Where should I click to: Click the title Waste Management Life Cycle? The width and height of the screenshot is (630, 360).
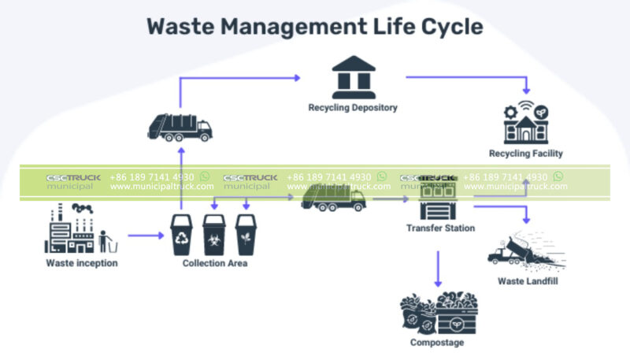[314, 25]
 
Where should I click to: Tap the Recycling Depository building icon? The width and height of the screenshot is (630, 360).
[353, 76]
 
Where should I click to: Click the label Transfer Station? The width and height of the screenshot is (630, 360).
[440, 228]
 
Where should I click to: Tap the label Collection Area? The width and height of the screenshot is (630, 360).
[215, 263]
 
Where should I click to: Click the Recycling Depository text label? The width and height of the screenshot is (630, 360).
[353, 107]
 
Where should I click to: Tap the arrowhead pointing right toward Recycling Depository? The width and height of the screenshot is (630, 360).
[297, 77]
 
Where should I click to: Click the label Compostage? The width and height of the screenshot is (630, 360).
[437, 343]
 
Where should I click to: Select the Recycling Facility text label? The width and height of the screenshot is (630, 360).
[525, 154]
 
